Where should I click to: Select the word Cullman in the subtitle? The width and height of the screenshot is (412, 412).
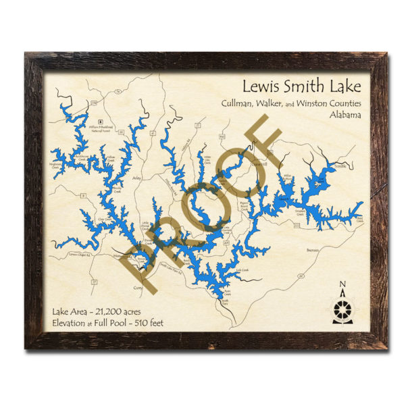(236, 103)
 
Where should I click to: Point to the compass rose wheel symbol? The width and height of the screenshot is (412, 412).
(342, 309)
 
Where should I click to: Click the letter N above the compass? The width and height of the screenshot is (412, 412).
(342, 284)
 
